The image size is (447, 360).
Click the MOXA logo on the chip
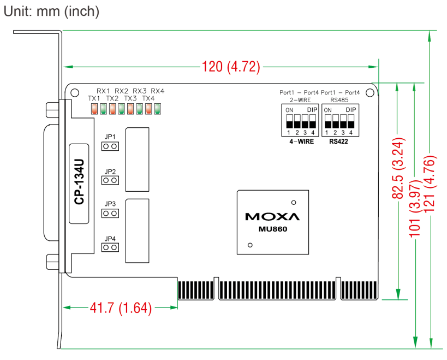point(272,216)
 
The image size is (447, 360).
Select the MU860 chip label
point(273,229)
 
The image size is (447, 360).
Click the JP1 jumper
point(110,146)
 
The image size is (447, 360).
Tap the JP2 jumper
point(110,180)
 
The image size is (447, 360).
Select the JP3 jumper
point(110,213)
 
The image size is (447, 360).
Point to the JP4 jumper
point(110,247)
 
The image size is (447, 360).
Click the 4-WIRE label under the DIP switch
point(301,141)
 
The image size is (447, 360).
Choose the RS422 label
point(339,141)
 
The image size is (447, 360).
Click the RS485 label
point(339,99)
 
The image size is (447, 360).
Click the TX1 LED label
point(94,98)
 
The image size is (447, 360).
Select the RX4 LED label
point(158,91)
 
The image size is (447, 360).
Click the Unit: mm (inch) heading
point(52,12)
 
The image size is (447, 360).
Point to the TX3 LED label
point(130,98)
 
